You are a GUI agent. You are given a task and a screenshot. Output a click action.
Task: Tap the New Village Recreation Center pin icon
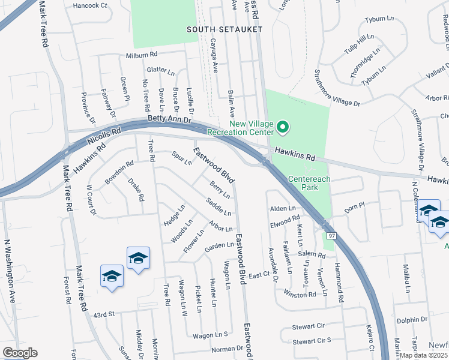point(282,127)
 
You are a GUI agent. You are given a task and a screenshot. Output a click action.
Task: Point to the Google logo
point(19,353)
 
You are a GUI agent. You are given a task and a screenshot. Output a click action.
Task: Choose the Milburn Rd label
point(141,54)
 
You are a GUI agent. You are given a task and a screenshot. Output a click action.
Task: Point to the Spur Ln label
point(182,158)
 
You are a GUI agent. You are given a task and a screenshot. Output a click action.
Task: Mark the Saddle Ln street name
point(218,206)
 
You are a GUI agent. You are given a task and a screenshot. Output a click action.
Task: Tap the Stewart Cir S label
point(312,341)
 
